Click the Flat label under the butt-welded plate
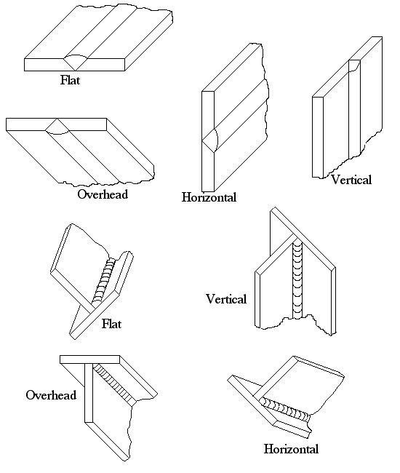(x=70, y=80)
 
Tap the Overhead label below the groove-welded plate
(x=103, y=194)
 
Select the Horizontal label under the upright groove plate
(x=209, y=197)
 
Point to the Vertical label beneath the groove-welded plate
(x=351, y=180)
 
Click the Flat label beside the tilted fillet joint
(x=111, y=324)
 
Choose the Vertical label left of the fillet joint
(x=226, y=299)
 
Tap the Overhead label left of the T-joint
(x=51, y=395)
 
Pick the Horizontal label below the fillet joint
(x=291, y=449)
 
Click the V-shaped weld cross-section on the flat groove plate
(x=76, y=63)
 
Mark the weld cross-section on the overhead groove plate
(x=57, y=127)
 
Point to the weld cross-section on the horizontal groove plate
(x=210, y=140)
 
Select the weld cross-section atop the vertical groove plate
(x=354, y=65)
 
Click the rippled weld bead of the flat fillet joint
(x=104, y=280)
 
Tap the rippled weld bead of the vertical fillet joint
(x=297, y=278)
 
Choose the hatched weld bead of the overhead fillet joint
(x=114, y=385)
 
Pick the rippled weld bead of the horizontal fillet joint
(x=285, y=410)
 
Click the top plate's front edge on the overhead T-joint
(x=90, y=359)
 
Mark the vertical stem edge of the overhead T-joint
(x=88, y=393)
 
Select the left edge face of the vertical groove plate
(x=318, y=137)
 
